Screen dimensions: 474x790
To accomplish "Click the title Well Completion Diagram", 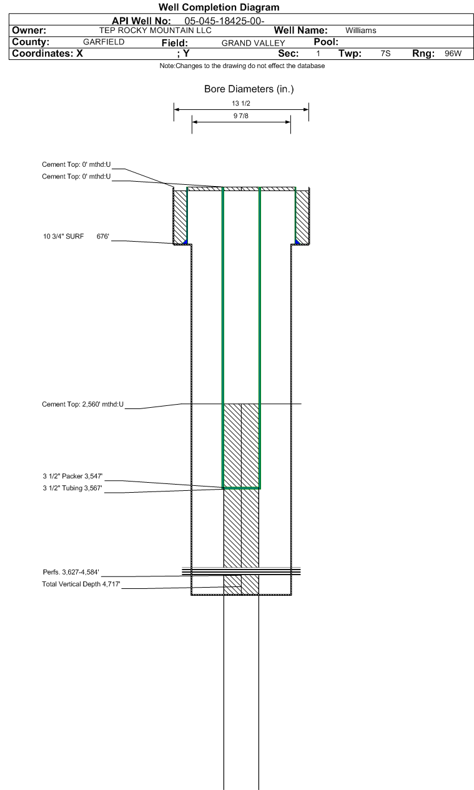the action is click(219, 7).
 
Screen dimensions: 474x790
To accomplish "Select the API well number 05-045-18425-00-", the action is click(224, 21).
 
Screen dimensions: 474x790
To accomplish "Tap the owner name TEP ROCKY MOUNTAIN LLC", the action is click(155, 31).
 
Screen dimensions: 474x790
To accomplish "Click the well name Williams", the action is click(361, 31).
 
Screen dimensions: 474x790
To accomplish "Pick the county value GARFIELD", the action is click(104, 42).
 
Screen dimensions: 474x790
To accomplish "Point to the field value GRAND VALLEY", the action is click(253, 43).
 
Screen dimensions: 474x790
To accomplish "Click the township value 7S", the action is click(385, 54).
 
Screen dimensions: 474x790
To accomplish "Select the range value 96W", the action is click(453, 54).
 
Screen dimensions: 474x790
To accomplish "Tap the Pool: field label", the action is click(326, 42).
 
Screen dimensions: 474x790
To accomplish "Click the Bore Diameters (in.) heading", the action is click(249, 89).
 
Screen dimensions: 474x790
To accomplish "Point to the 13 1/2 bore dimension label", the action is click(241, 103).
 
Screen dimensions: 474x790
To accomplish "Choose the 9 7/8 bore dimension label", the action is click(241, 116).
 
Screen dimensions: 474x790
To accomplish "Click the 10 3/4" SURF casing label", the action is click(64, 236).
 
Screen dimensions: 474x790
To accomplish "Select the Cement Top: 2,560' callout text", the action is click(83, 404).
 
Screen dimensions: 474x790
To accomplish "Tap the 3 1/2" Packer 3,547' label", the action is click(72, 476).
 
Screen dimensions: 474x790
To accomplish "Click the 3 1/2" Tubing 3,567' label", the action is click(72, 488).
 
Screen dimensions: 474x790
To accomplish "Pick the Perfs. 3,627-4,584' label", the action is click(71, 572).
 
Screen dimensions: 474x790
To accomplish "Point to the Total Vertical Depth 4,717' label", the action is click(81, 584).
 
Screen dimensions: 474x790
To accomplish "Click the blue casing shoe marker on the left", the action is click(185, 242).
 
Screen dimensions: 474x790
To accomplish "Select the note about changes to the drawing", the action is click(242, 66).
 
